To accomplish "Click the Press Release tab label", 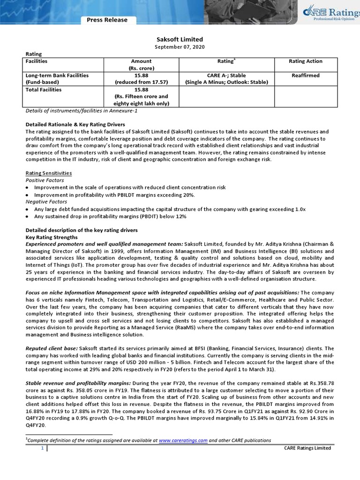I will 107,20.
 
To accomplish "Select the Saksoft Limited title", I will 180,40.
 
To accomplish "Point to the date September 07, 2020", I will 180,47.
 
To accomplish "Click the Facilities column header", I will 37,61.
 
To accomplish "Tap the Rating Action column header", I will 305,61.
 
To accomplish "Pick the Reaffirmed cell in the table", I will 305,75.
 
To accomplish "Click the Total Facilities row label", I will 44,90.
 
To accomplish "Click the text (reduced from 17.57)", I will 141,82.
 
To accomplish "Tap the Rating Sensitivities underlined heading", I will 48,173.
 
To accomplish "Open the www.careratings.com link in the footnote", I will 183,441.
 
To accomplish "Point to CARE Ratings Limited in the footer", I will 307,448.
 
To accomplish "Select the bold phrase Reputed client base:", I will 52,348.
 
